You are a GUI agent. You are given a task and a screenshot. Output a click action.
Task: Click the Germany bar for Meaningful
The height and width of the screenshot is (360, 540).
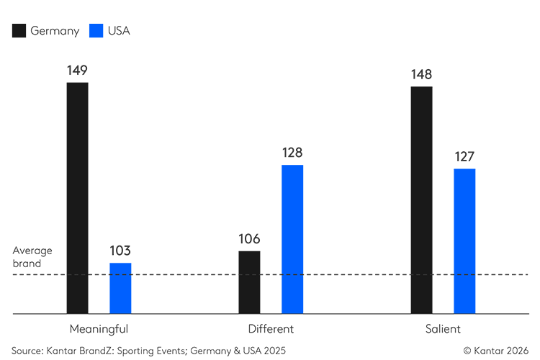coord(77,198)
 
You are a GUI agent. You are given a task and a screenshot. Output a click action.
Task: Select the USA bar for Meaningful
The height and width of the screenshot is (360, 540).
coord(120,288)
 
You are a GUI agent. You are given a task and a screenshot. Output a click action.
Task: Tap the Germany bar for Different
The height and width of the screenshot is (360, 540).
coord(249,282)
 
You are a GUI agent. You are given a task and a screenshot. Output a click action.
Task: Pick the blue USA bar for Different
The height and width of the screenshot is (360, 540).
coord(292,239)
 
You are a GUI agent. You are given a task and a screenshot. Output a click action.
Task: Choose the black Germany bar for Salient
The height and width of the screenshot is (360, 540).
coord(421,200)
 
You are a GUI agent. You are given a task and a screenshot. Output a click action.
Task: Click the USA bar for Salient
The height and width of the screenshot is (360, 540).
coord(464,241)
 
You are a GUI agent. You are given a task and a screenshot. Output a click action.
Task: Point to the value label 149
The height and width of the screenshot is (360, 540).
coord(77,70)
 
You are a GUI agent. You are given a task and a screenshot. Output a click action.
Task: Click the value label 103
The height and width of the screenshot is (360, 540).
coord(120,251)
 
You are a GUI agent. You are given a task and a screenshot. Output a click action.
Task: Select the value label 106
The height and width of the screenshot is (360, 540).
coord(249,239)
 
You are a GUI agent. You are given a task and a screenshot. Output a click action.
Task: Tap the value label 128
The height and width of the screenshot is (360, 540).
coord(292,153)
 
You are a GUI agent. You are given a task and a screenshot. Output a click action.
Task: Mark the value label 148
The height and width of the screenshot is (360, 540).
coord(421,74)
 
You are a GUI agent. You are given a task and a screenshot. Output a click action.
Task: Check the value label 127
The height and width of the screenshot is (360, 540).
coord(464,157)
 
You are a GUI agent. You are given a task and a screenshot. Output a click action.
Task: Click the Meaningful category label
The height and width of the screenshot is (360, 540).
coord(99,329)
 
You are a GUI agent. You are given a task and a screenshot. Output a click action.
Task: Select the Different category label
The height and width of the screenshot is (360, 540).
coord(271,329)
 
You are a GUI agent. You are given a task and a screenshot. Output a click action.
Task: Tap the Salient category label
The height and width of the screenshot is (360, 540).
coord(443,329)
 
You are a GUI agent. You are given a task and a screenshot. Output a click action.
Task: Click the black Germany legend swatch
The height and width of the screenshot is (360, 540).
coord(19,30)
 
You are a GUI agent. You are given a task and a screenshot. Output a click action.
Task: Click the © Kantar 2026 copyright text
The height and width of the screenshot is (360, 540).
coord(495,350)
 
